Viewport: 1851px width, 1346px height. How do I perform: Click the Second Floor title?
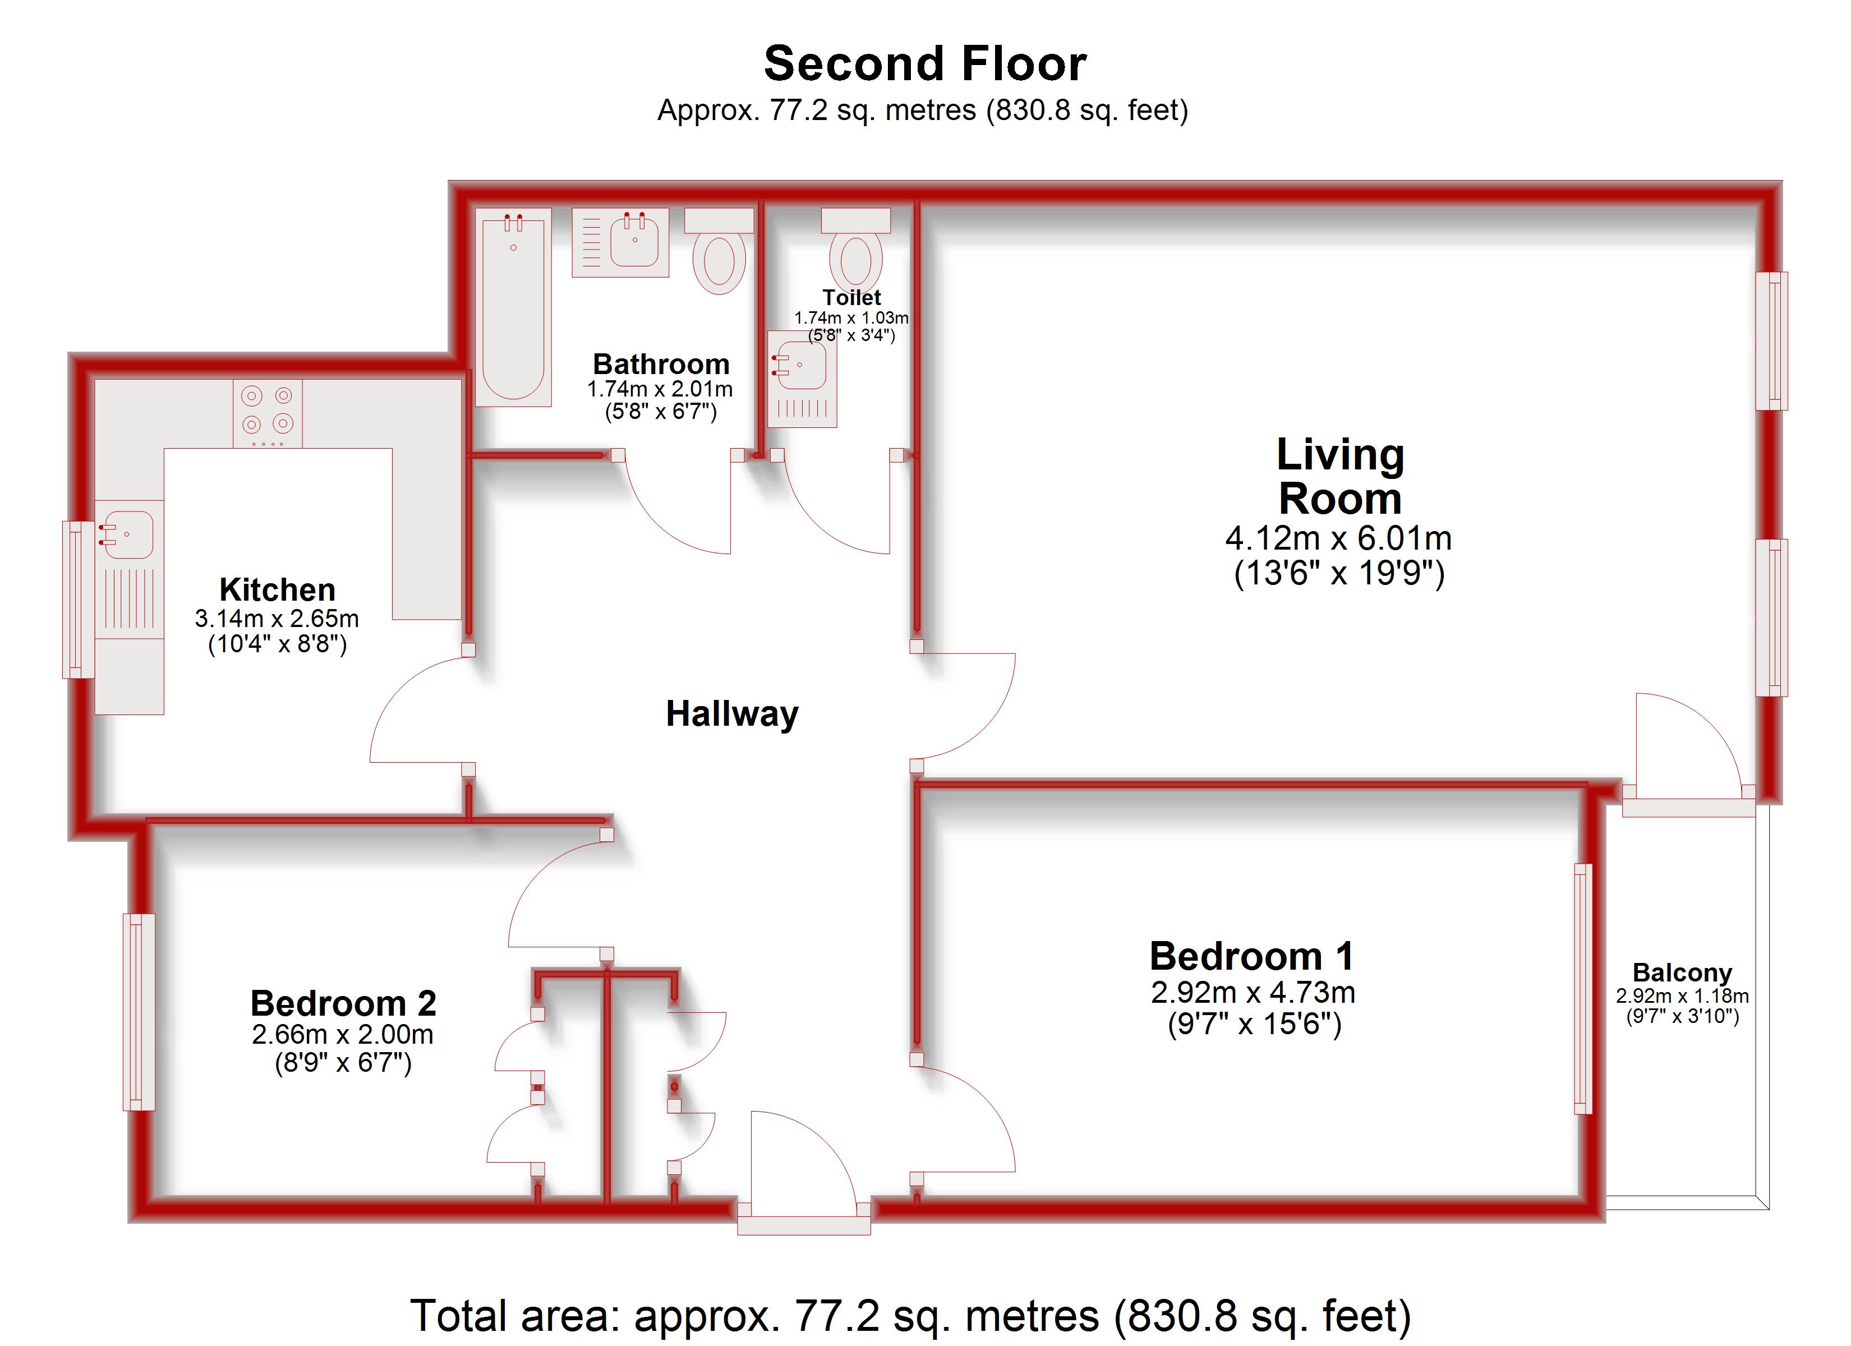click(x=925, y=64)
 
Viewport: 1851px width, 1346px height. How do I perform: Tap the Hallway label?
click(x=732, y=714)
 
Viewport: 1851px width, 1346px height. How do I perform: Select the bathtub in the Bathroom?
click(x=513, y=306)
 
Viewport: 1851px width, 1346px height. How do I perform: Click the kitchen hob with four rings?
click(x=268, y=412)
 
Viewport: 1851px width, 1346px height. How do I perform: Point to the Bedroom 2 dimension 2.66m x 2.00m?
click(x=342, y=1035)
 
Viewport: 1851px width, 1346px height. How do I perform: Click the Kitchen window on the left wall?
click(x=79, y=600)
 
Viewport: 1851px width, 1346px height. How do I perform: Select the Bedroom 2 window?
click(x=139, y=1012)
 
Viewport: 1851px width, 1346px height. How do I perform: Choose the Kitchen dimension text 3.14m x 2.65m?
click(x=277, y=619)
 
